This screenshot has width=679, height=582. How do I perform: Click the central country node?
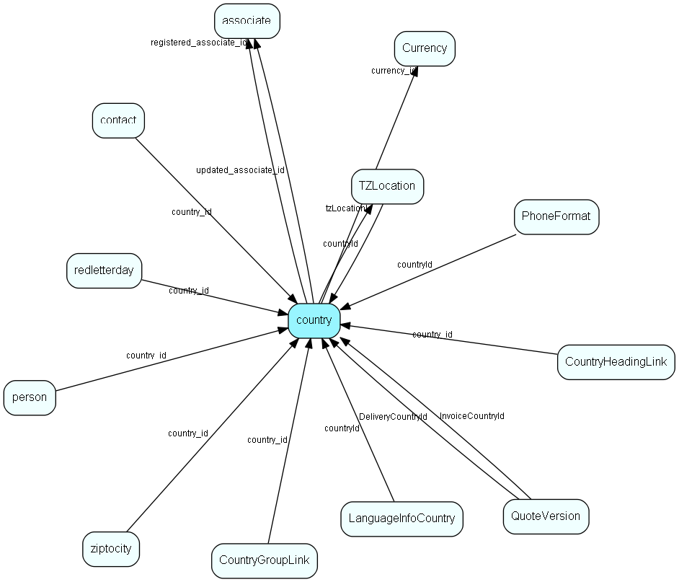314,320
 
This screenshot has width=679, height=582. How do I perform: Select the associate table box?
247,21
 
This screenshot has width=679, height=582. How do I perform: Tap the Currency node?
425,48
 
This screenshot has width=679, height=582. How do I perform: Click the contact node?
118,120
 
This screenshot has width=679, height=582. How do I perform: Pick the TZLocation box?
387,186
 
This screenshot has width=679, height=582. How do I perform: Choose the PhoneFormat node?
556,216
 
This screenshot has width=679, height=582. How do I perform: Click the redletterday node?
104,270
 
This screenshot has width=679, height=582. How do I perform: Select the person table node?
30,397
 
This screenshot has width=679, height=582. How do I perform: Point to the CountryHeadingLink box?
616,362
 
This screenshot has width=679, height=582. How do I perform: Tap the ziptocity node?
110,549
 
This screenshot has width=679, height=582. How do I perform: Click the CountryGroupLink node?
264,560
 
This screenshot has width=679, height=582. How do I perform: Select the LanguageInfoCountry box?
401,519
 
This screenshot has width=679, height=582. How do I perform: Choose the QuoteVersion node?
546,516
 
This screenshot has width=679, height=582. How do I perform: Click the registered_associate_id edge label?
199,43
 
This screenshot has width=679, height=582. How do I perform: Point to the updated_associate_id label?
240,170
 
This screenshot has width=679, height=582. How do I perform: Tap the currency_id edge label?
394,71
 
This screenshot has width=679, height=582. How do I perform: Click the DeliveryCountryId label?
393,417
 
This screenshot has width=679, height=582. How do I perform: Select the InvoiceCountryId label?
472,416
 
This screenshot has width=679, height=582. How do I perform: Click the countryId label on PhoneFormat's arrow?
414,265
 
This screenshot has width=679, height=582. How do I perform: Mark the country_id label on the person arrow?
146,356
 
